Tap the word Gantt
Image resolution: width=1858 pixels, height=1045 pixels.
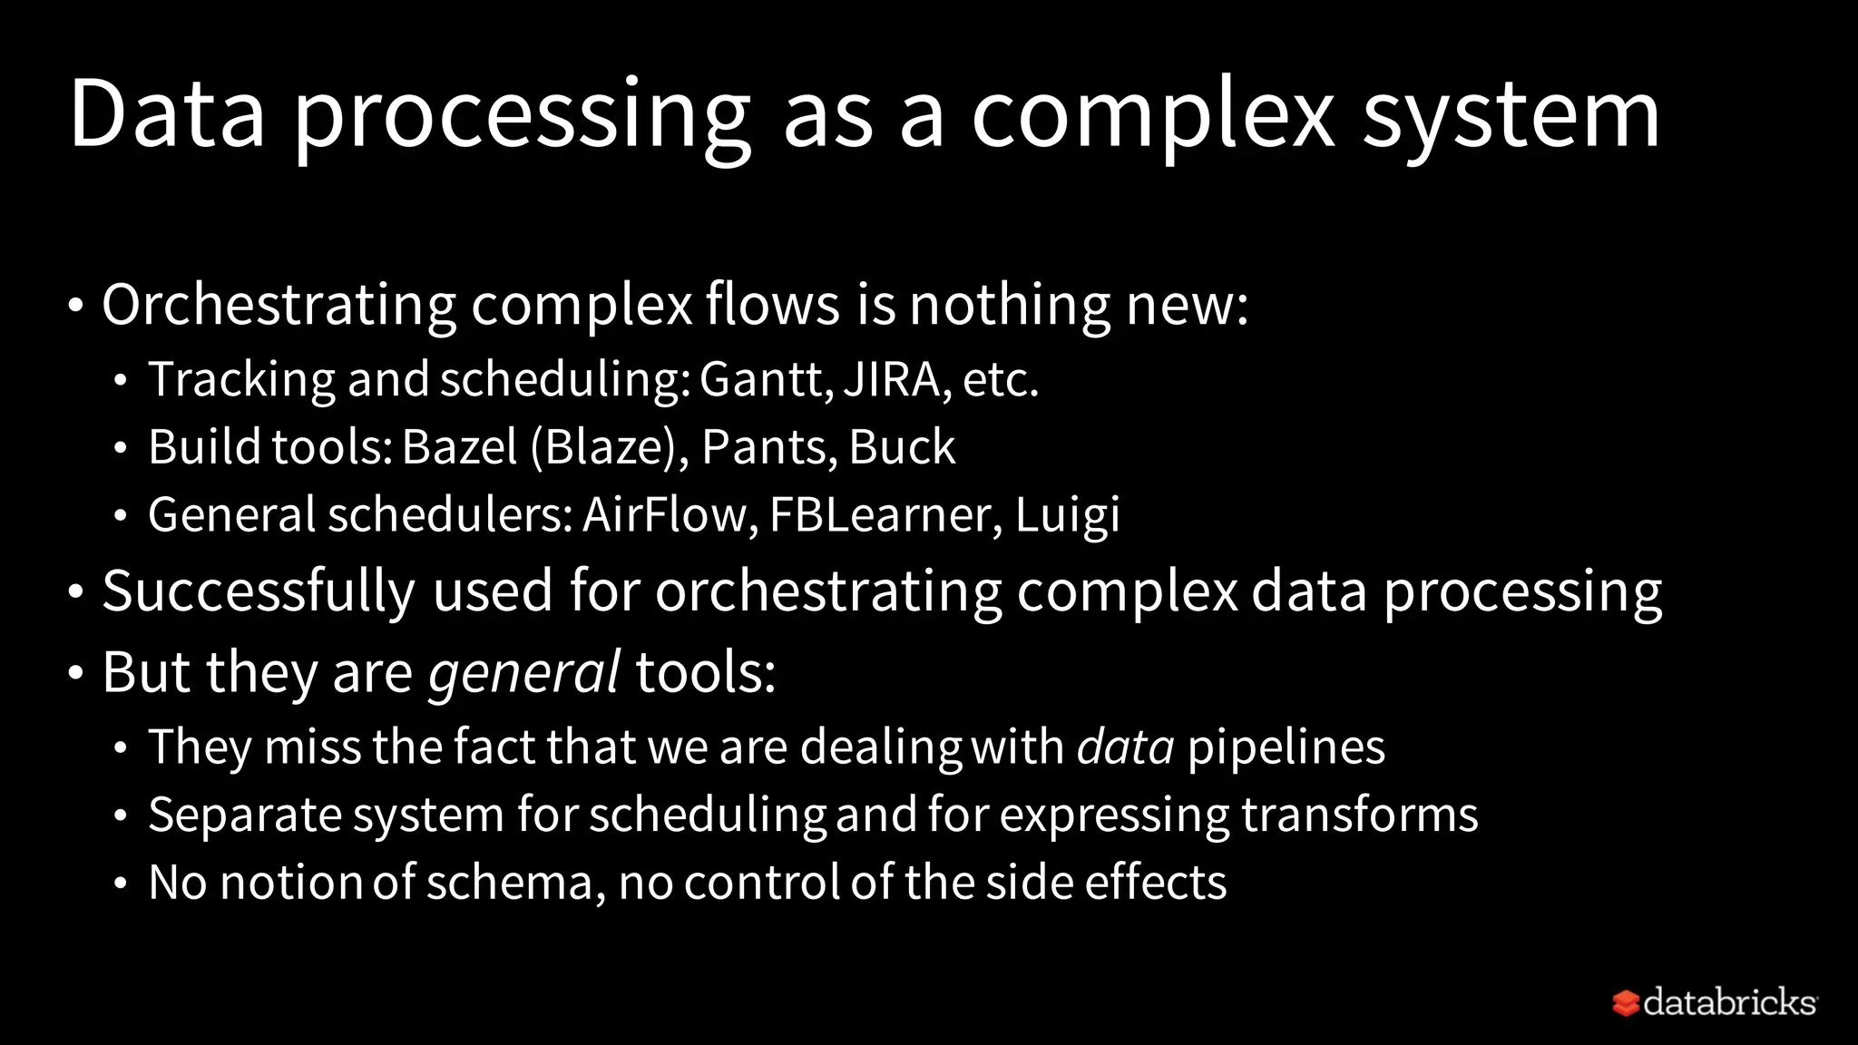tap(765, 379)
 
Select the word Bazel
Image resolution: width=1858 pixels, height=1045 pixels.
tap(459, 447)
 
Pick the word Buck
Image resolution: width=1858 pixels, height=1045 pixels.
tap(902, 447)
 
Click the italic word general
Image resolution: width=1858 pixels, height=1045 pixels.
tap(523, 674)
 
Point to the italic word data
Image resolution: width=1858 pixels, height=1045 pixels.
tap(1125, 747)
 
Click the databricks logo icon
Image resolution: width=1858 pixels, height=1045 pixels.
tap(1625, 1003)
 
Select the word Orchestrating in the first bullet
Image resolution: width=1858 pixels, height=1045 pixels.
tap(279, 305)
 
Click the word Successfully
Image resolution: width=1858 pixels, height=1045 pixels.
tap(259, 591)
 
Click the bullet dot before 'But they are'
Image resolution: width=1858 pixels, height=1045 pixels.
tap(76, 674)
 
